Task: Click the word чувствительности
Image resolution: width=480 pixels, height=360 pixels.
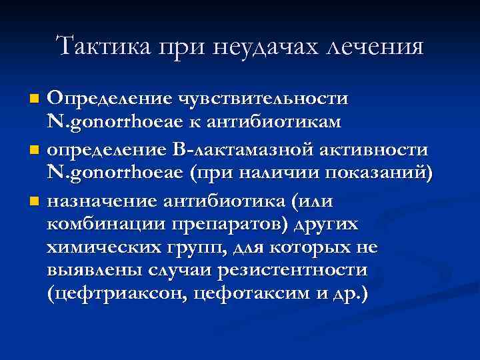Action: click(x=261, y=99)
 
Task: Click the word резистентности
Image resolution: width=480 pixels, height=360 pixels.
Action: click(x=310, y=271)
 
